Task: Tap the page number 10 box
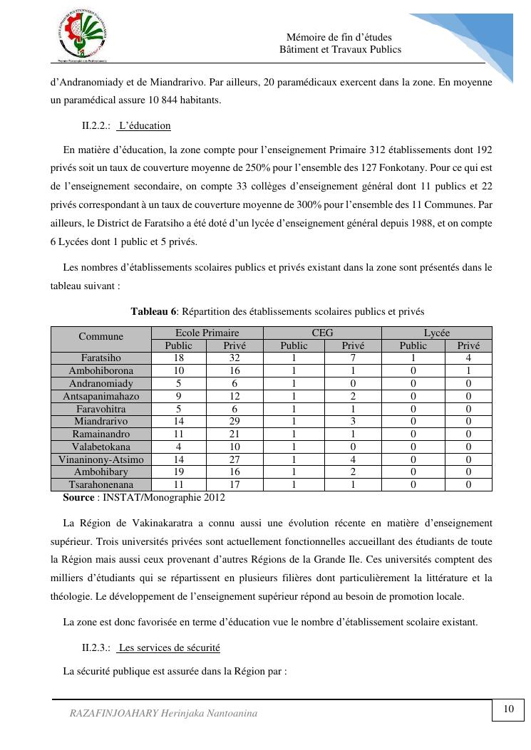pyautogui.click(x=509, y=709)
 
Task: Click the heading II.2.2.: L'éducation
pyautogui.click(x=126, y=126)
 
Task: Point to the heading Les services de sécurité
pyautogui.click(x=169, y=647)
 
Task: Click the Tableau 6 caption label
pyautogui.click(x=154, y=311)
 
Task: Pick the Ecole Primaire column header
pyautogui.click(x=207, y=333)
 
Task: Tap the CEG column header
pyautogui.click(x=322, y=333)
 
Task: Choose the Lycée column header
pyautogui.click(x=436, y=333)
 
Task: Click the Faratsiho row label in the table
pyautogui.click(x=100, y=358)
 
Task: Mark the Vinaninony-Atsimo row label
pyautogui.click(x=100, y=459)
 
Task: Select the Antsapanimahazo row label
pyautogui.click(x=100, y=396)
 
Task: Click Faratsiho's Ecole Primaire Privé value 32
pyautogui.click(x=234, y=358)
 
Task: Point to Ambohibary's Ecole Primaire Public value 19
pyautogui.click(x=179, y=472)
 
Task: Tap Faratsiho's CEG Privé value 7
pyautogui.click(x=353, y=358)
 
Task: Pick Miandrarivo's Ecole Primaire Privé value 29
pyautogui.click(x=234, y=422)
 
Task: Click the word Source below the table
pyautogui.click(x=78, y=497)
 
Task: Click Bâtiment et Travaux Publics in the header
pyautogui.click(x=340, y=49)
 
